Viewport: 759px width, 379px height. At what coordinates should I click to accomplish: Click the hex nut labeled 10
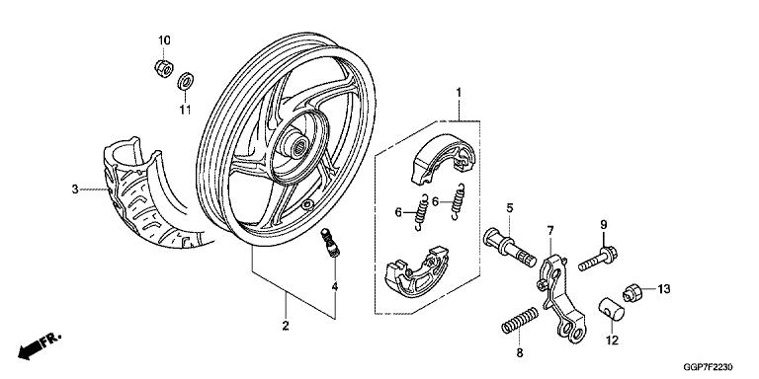point(164,68)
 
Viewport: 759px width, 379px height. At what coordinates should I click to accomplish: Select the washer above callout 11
point(185,81)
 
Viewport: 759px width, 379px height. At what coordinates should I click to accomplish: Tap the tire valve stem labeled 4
point(331,243)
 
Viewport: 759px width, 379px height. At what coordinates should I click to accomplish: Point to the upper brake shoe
point(442,159)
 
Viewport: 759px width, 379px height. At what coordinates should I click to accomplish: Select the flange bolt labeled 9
point(598,259)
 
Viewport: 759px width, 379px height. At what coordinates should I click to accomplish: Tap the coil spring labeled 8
point(520,320)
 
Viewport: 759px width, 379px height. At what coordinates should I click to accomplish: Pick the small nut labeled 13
point(632,293)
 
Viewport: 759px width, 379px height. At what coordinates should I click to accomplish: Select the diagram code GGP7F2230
point(709,367)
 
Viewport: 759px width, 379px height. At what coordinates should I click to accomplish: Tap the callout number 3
point(75,189)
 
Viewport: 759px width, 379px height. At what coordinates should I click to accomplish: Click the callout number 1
point(459,92)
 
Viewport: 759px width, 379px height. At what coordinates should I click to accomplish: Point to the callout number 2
point(286,326)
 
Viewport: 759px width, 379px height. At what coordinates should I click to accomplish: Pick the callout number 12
point(613,341)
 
